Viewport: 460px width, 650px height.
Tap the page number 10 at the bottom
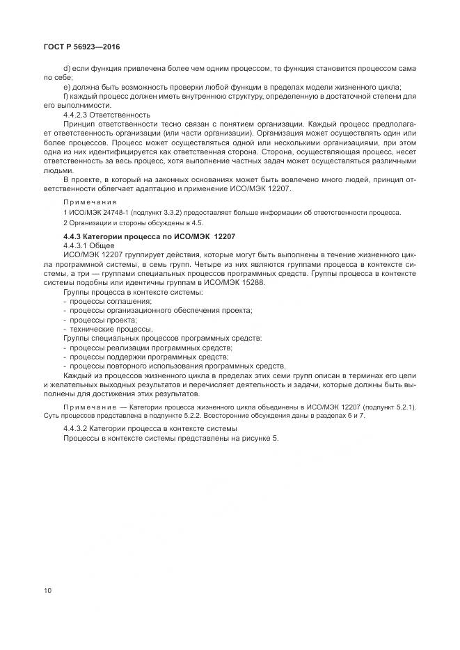(48, 591)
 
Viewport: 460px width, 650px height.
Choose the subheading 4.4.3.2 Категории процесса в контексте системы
(150, 429)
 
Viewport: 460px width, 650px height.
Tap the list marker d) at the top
(67, 70)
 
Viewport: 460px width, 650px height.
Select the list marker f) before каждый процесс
(65, 96)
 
